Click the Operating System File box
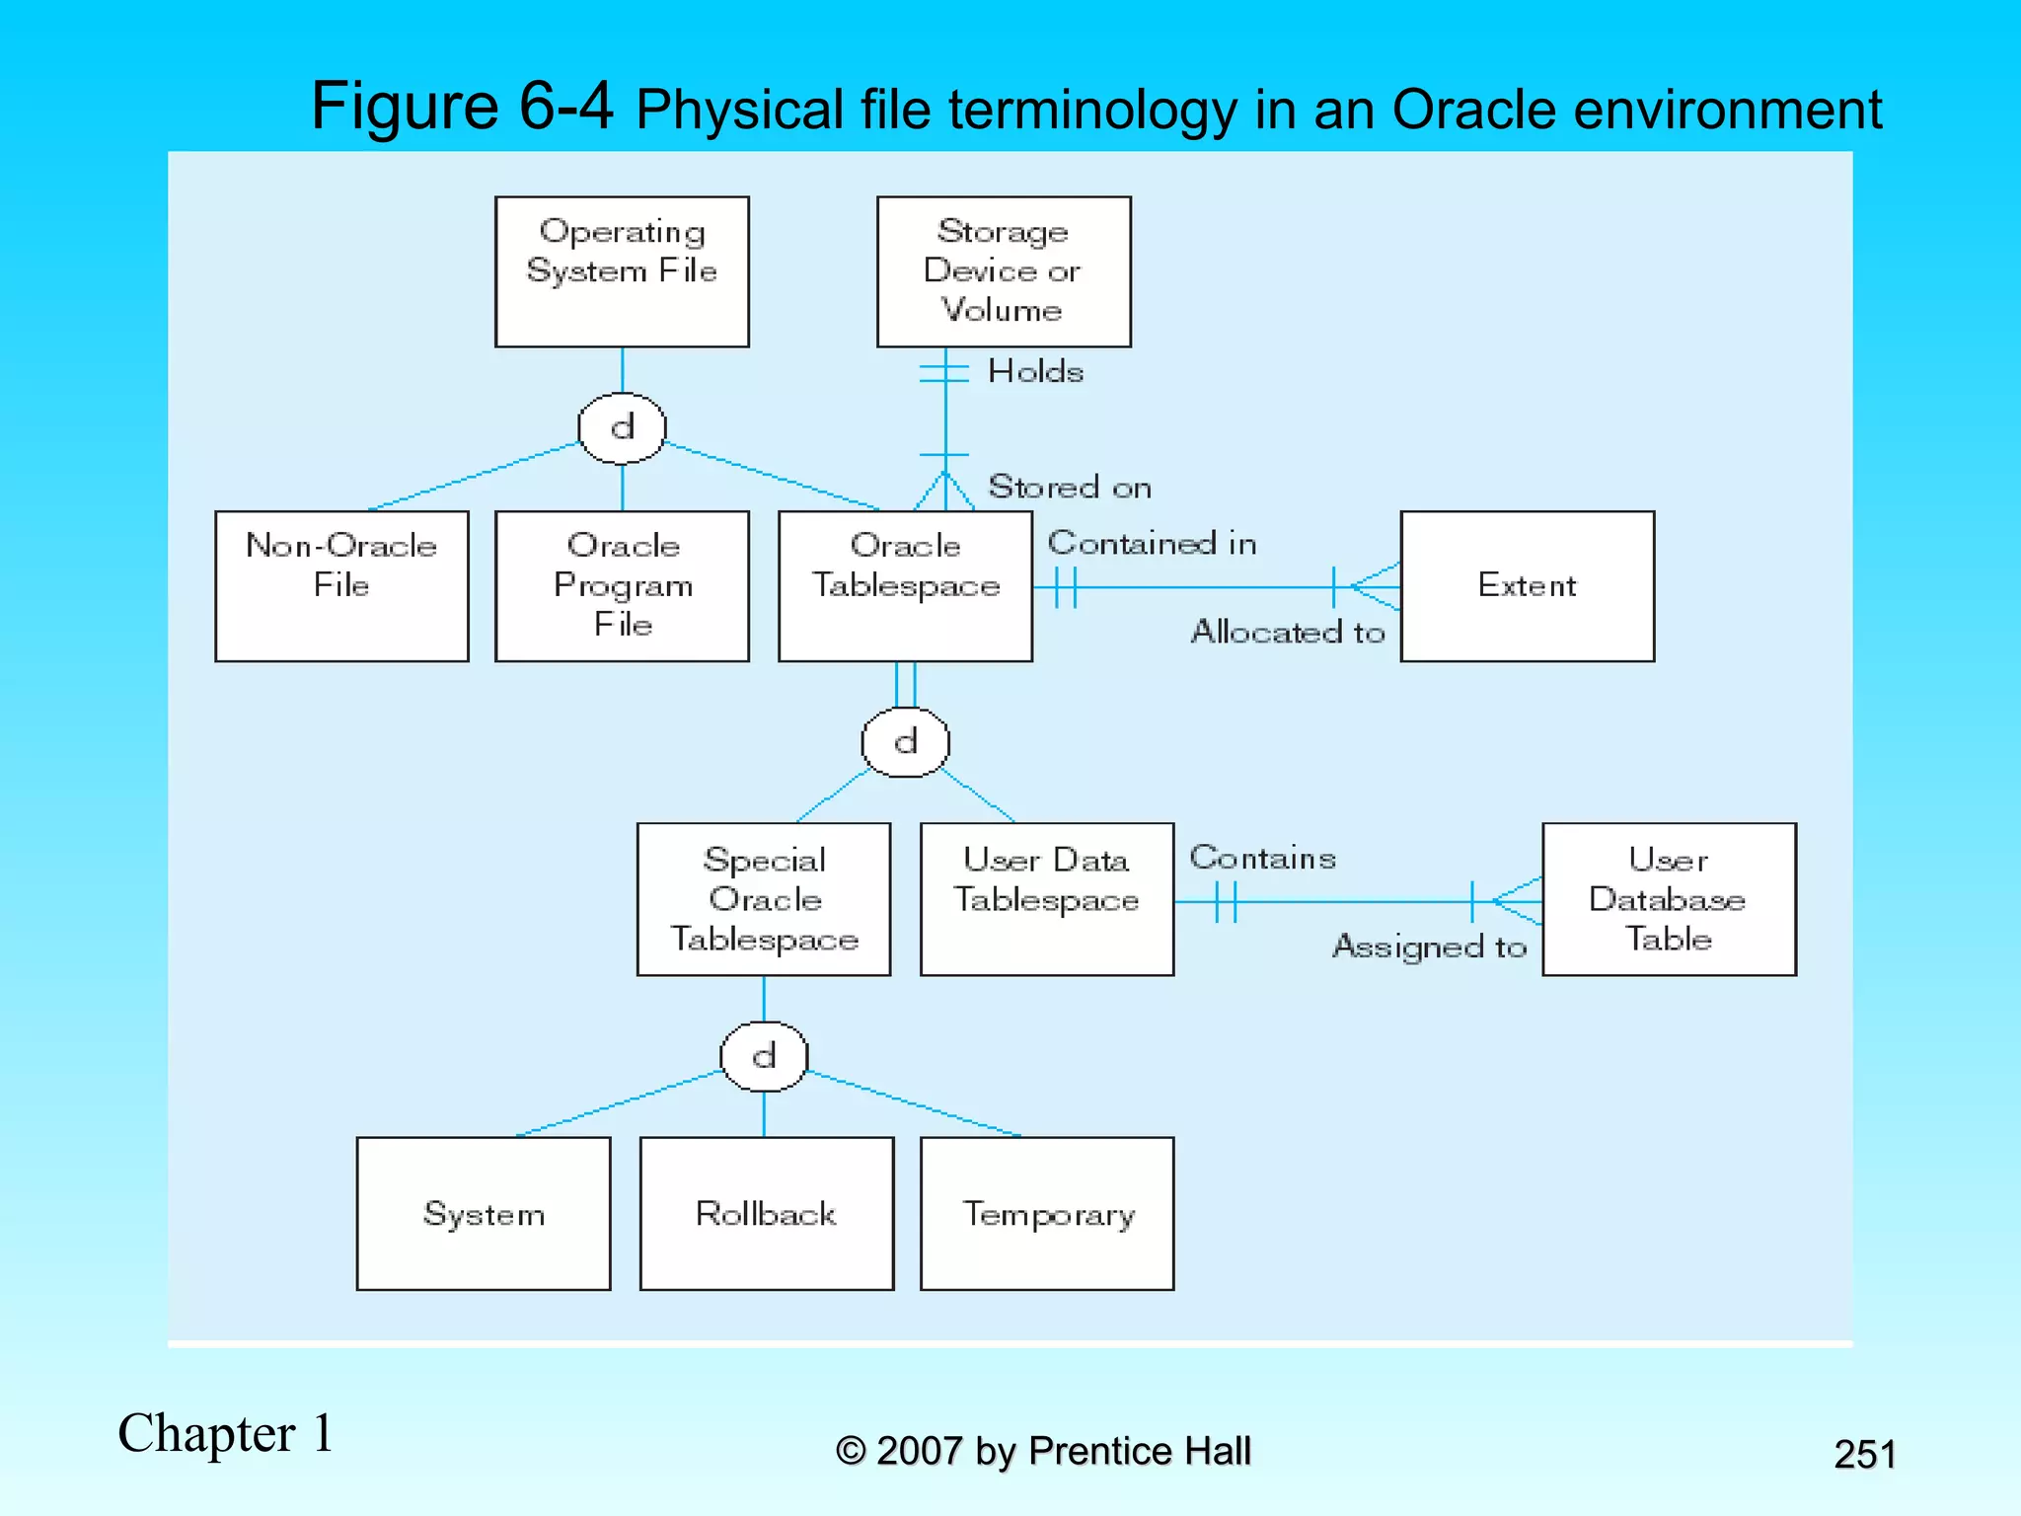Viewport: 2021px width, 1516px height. pyautogui.click(x=622, y=271)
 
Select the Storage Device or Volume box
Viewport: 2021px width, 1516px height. pyautogui.click(x=1004, y=271)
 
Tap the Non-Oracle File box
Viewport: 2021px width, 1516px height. pyautogui.click(x=341, y=585)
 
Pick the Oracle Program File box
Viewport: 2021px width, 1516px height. pyautogui.click(x=622, y=585)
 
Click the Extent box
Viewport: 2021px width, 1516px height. pyautogui.click(x=1527, y=585)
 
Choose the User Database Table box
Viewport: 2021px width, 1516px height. pyautogui.click(x=1669, y=899)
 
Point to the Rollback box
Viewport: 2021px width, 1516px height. pyautogui.click(x=767, y=1213)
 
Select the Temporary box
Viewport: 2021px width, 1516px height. pyautogui.click(x=1047, y=1213)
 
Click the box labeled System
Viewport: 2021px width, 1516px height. pyautogui.click(x=484, y=1213)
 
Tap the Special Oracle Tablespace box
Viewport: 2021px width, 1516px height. pyautogui.click(x=764, y=899)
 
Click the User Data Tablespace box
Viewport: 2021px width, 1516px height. pyautogui.click(x=1047, y=899)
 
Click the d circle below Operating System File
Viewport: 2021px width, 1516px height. pyautogui.click(x=622, y=428)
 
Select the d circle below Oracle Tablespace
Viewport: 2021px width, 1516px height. pyautogui.click(x=905, y=742)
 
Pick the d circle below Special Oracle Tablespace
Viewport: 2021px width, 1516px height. pyautogui.click(x=764, y=1056)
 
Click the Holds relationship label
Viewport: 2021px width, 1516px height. pyautogui.click(x=1035, y=372)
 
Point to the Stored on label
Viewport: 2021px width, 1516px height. pyautogui.click(x=1070, y=487)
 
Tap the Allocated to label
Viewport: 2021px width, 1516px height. pyautogui.click(x=1288, y=632)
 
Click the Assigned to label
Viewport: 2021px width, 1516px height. pyautogui.click(x=1429, y=947)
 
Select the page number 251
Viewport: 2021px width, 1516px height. pyautogui.click(x=1864, y=1454)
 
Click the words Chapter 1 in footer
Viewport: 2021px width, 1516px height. pyautogui.click(x=226, y=1433)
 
